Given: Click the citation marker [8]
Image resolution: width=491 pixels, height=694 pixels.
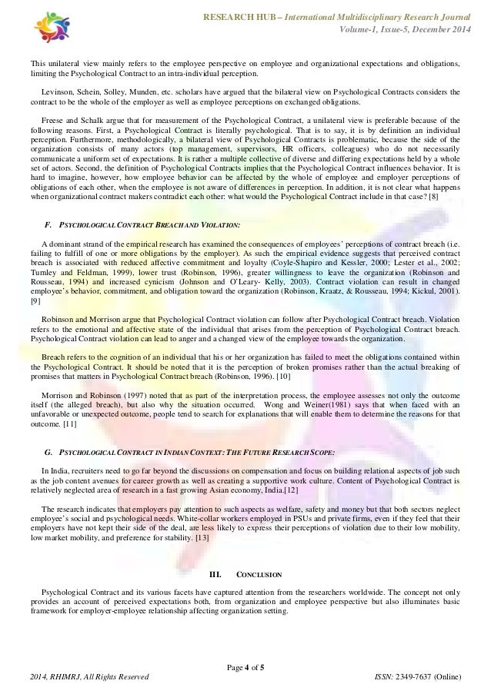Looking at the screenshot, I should [x=436, y=198].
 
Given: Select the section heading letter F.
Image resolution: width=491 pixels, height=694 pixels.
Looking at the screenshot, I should [x=49, y=224].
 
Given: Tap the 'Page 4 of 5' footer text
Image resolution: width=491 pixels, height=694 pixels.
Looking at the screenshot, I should [x=245, y=665].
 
